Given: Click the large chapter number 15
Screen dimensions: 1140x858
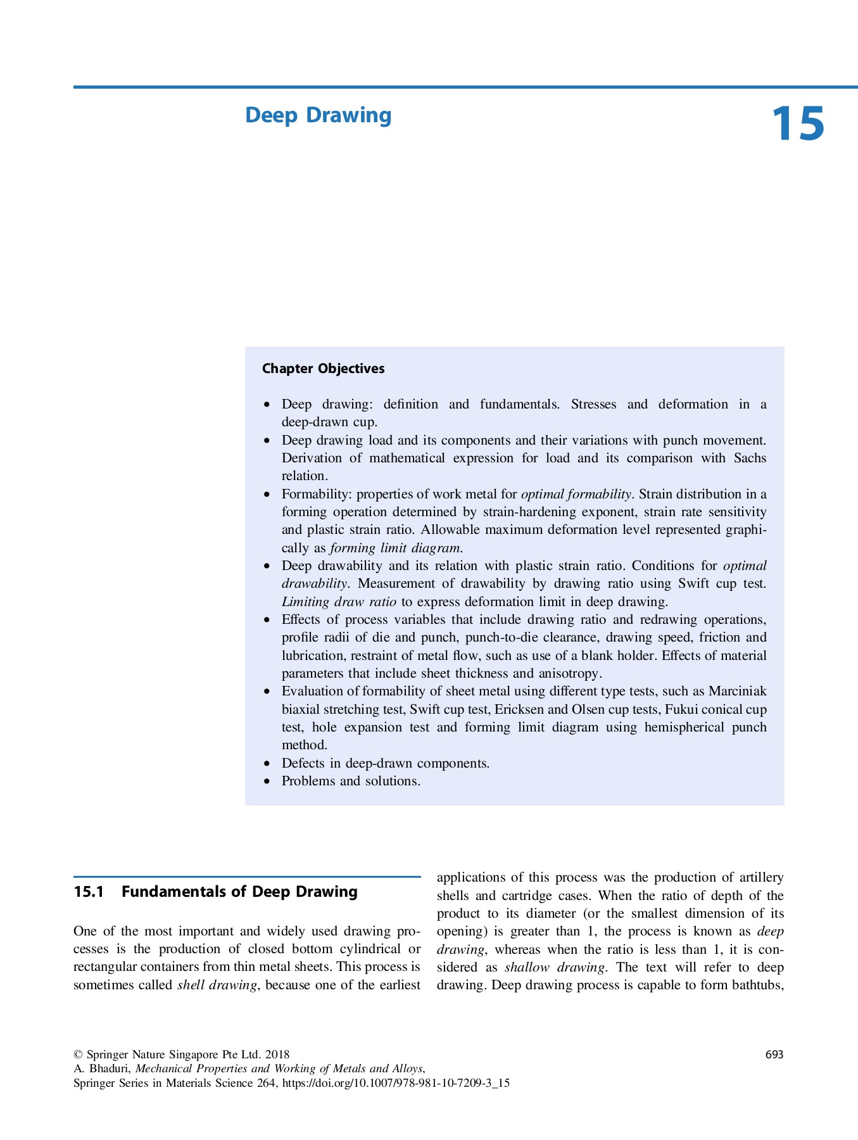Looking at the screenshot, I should click(798, 124).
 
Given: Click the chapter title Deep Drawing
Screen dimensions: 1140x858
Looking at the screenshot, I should click(318, 115).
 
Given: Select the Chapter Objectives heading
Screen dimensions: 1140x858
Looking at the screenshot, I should click(323, 369).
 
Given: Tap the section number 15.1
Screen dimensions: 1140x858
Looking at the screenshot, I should click(88, 892).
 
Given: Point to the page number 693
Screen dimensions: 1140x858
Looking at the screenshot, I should click(774, 1054).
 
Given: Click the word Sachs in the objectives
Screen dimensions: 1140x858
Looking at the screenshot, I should click(750, 458).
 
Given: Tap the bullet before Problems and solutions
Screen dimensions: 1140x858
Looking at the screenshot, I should click(268, 782).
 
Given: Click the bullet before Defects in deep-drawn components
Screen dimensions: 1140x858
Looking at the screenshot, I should click(268, 764).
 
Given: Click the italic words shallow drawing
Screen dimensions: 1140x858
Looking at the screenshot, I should click(555, 967).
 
